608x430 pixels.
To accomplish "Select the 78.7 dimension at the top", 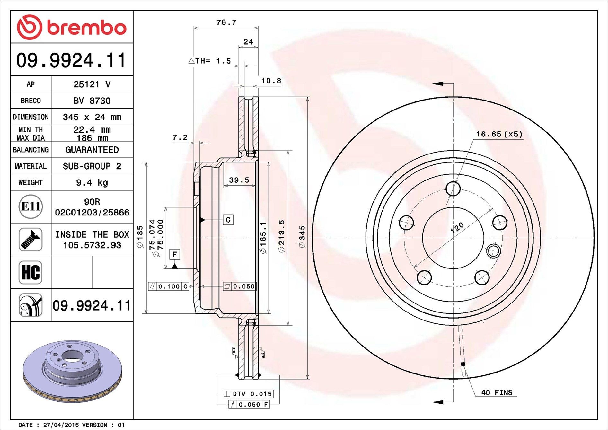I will pyautogui.click(x=226, y=22).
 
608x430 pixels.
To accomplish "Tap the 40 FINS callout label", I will pyautogui.click(x=497, y=392).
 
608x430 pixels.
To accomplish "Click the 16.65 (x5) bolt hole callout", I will pyautogui.click(x=499, y=134).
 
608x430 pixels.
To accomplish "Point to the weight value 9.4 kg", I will pyautogui.click(x=92, y=183).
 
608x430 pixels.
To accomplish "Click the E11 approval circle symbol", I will pyautogui.click(x=31, y=206).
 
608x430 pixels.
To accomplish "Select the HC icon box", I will pyautogui.click(x=31, y=272).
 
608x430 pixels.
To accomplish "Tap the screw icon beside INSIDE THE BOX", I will pyautogui.click(x=31, y=240).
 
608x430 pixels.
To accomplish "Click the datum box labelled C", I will pyautogui.click(x=228, y=220).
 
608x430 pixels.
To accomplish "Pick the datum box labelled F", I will pyautogui.click(x=174, y=254).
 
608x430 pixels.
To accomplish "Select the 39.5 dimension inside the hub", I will pyautogui.click(x=239, y=180).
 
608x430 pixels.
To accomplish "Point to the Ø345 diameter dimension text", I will pyautogui.click(x=302, y=237).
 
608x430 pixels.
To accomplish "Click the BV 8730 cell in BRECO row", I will pyautogui.click(x=92, y=101).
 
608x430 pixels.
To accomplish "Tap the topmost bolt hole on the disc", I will pyautogui.click(x=453, y=189).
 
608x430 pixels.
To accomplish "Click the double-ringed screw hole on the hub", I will pyautogui.click(x=493, y=251).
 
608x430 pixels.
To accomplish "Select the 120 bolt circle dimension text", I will pyautogui.click(x=457, y=227).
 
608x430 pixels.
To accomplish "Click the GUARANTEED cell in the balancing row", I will pyautogui.click(x=92, y=150).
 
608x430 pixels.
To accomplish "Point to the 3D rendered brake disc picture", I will pyautogui.click(x=73, y=371).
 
